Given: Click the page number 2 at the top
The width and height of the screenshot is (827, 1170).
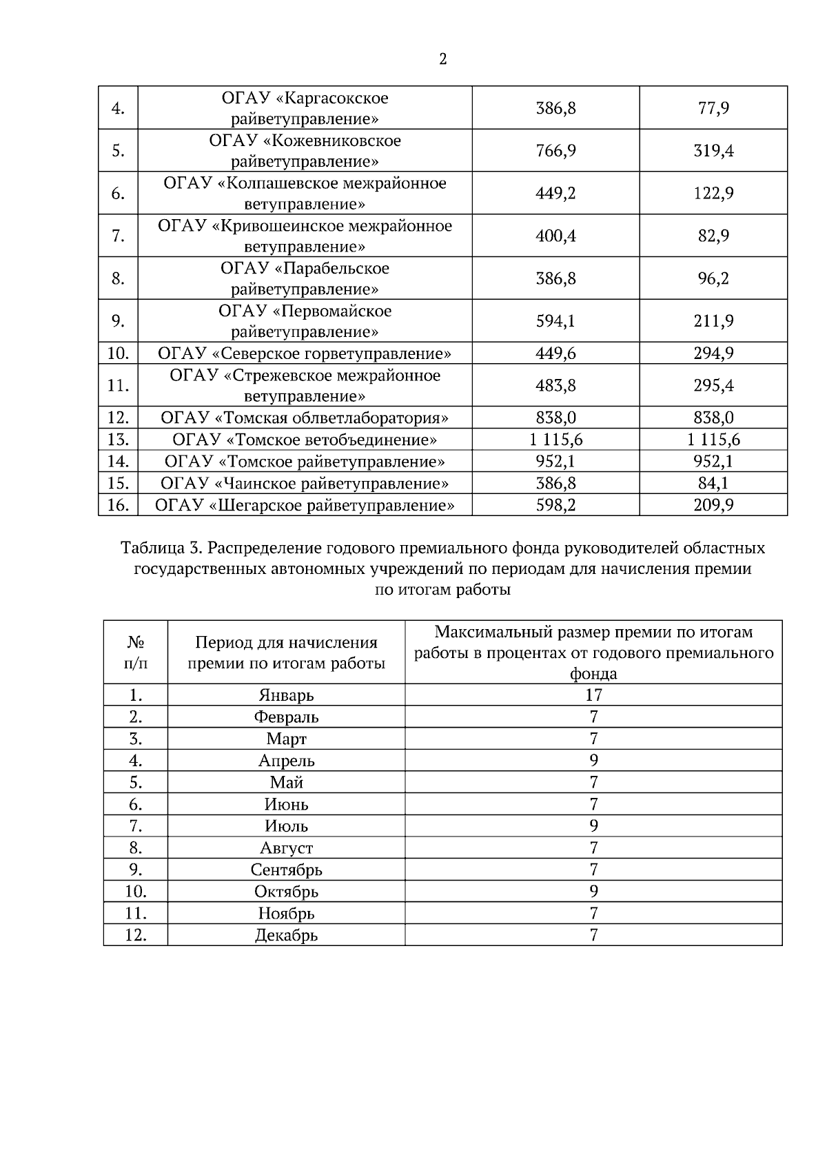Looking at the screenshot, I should point(442,59).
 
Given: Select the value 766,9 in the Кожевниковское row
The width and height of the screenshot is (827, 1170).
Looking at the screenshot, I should point(555,151).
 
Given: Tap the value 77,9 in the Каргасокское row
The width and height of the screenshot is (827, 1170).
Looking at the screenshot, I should point(713,108).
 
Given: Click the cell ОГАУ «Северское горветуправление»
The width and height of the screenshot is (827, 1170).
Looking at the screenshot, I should point(305,353).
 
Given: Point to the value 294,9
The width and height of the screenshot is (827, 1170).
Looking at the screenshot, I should point(713,353).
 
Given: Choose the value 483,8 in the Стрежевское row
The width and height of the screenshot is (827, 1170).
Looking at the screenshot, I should point(555,385).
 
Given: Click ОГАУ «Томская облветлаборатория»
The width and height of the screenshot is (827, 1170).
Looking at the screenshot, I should point(305,418).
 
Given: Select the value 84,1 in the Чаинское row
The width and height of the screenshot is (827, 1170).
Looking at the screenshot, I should point(713,483).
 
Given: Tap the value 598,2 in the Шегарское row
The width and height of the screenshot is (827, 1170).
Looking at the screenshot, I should point(555,505).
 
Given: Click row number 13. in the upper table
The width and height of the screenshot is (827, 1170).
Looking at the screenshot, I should point(118,440).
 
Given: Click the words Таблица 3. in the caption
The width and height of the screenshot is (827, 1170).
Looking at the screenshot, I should point(161,548).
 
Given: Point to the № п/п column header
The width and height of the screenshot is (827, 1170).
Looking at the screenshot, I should point(136,653).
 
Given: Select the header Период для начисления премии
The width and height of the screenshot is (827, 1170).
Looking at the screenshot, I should point(286,653).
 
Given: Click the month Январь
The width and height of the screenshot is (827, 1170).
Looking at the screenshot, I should point(286,695).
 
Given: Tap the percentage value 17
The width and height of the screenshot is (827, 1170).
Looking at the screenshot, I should point(593,695).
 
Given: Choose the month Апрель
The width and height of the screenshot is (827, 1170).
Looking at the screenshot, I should point(286,761).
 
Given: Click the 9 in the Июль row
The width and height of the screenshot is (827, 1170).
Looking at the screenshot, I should point(593,825).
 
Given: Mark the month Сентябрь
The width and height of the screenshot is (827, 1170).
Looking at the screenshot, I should point(286,870).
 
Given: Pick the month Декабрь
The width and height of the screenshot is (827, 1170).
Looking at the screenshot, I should point(286,935).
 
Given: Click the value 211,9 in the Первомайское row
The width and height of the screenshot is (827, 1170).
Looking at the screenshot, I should point(713,321).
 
